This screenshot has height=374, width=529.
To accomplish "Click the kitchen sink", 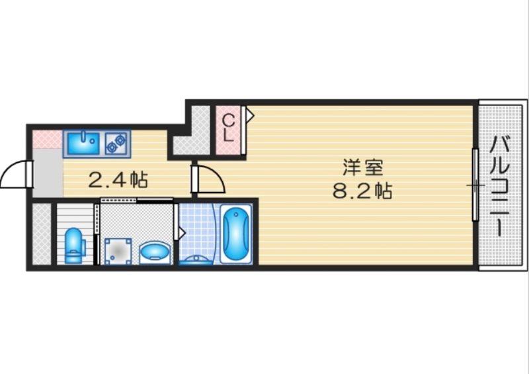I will point(82,142).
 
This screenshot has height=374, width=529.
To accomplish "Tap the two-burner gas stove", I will point(116,142).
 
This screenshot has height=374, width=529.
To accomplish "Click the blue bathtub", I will point(236,235).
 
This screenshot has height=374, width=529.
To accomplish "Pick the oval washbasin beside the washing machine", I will point(155,252).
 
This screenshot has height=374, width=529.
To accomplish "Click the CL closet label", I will point(227,128).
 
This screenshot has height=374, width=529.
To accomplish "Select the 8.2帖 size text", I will point(362,191).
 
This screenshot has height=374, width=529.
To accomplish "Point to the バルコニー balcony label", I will point(503,185).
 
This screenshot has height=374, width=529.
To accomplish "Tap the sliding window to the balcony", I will point(475,185).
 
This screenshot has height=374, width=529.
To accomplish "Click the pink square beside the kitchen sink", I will point(46,140).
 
